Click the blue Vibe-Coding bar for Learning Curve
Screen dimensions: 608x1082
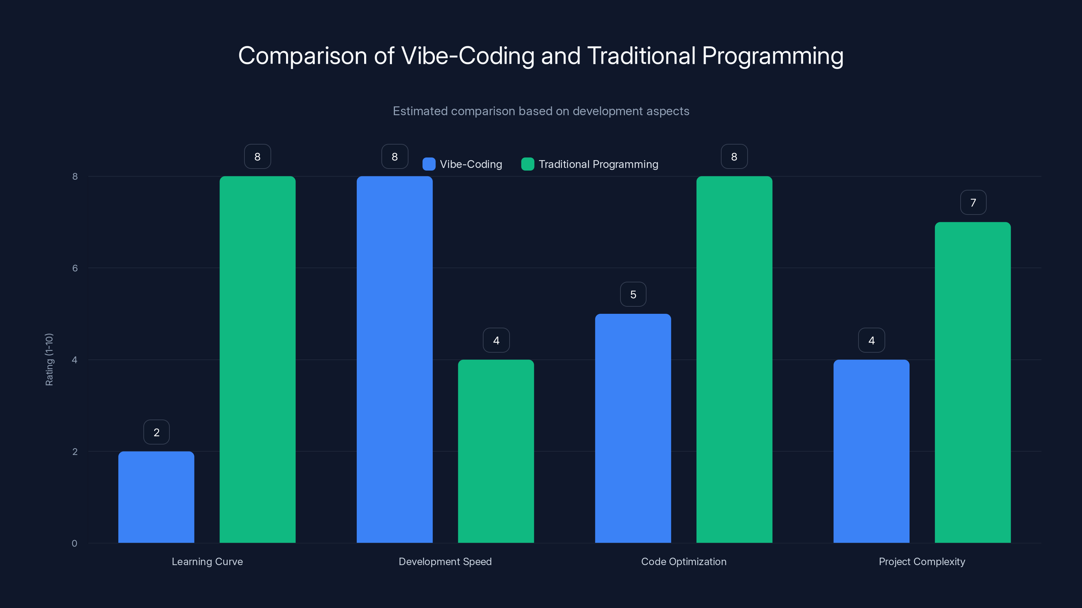click(156, 497)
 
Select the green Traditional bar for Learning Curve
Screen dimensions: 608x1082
click(257, 360)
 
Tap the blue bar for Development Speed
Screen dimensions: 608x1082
click(394, 360)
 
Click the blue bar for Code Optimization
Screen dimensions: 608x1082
click(633, 428)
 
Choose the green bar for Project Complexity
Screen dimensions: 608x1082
click(972, 382)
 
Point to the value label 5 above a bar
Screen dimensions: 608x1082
click(633, 295)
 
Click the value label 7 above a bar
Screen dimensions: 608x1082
click(973, 203)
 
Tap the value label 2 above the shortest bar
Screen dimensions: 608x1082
click(156, 432)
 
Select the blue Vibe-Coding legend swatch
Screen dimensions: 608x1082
click(429, 164)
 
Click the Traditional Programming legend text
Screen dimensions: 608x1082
click(598, 164)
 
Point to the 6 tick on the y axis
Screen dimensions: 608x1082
click(75, 268)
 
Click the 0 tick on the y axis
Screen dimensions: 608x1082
click(74, 543)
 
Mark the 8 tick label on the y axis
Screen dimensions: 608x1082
click(75, 176)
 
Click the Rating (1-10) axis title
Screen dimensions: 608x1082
click(49, 360)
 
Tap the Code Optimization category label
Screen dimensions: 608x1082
click(683, 561)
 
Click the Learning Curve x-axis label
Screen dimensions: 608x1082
click(207, 561)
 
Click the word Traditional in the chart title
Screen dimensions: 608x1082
click(641, 56)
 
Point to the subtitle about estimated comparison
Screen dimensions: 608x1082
click(541, 111)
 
